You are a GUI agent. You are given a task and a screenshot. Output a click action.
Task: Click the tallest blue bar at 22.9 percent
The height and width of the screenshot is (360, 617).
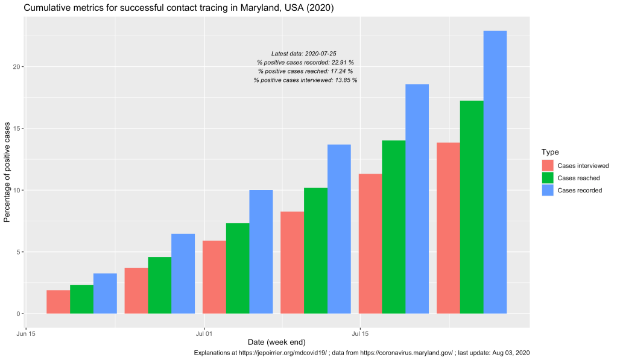495,172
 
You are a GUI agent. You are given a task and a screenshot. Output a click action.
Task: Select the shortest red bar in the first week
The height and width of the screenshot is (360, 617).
58,302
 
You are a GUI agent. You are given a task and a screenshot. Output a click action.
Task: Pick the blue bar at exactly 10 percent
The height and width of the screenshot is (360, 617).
261,251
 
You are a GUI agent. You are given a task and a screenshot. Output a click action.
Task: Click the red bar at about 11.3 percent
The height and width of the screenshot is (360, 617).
370,244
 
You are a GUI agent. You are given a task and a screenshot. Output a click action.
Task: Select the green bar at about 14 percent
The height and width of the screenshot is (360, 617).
393,227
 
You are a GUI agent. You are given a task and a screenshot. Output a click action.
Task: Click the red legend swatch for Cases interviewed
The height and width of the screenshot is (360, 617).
547,165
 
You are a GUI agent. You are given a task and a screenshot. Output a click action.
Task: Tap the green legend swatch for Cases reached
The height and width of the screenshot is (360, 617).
547,178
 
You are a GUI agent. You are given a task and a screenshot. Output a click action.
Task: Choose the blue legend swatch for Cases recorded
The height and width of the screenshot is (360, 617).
547,191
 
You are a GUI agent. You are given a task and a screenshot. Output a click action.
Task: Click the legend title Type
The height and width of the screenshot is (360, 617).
549,152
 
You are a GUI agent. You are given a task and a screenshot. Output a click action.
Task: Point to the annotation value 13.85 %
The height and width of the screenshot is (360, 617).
346,80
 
